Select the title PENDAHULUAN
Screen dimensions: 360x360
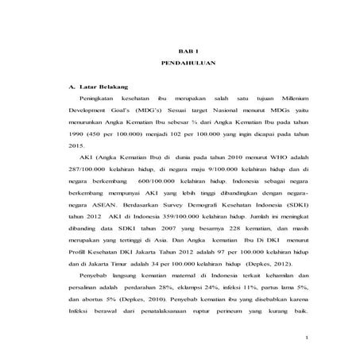click(x=180, y=62)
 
